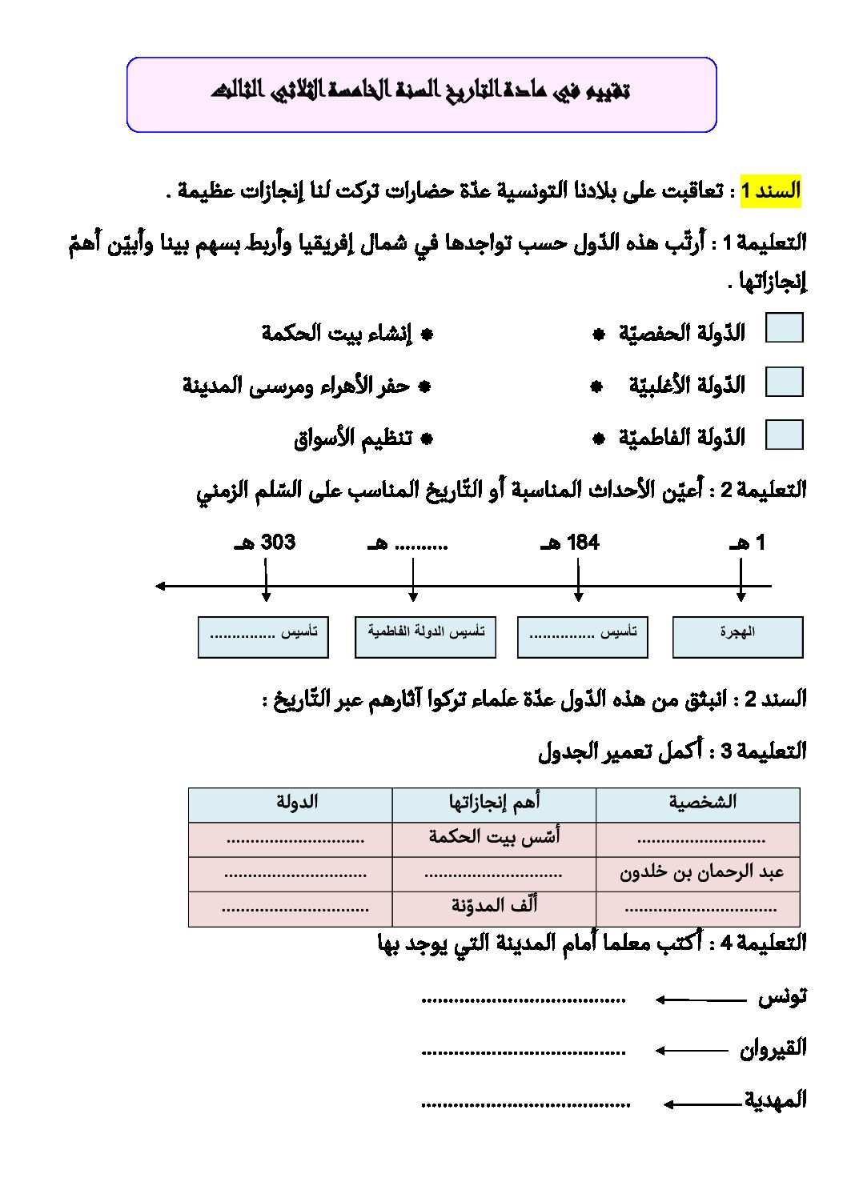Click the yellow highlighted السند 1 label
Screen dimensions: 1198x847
[x=770, y=191]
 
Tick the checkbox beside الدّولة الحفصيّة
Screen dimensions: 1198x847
[x=784, y=328]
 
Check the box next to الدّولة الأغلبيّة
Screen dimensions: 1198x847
[x=784, y=382]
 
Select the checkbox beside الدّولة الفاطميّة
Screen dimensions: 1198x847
[x=784, y=435]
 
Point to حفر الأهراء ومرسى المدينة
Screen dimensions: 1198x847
[x=296, y=386]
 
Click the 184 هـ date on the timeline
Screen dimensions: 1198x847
[x=571, y=543]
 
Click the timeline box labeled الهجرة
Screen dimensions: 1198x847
[x=737, y=636]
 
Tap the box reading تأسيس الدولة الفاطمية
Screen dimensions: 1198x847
[x=425, y=636]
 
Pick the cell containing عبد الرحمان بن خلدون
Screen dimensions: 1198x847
[x=701, y=873]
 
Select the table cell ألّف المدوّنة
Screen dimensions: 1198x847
[x=494, y=907]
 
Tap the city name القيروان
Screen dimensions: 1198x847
[x=773, y=1048]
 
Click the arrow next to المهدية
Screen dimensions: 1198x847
[x=701, y=1104]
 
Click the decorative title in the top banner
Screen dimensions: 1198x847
[x=421, y=90]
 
